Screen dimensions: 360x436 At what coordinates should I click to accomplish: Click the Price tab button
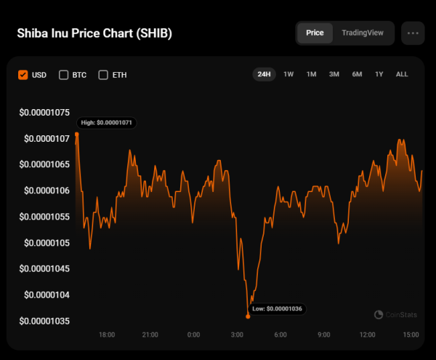point(315,33)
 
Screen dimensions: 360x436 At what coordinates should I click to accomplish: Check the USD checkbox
point(23,74)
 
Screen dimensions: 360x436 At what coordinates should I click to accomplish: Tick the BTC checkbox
point(63,74)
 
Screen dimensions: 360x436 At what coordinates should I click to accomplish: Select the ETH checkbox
point(103,74)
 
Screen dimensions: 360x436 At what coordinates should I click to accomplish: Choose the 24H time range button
point(264,74)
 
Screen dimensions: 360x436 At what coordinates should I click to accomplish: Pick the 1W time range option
point(288,74)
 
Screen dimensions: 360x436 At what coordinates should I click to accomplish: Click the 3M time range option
point(334,74)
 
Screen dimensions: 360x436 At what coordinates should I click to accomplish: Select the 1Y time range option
point(379,74)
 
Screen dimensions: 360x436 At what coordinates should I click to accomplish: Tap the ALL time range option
point(402,74)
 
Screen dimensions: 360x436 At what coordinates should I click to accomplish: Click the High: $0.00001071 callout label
point(107,123)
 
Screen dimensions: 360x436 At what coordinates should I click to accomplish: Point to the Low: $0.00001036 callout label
point(277,309)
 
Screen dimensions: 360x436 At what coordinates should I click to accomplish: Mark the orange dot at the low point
point(248,316)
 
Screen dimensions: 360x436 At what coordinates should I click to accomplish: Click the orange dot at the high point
point(76,134)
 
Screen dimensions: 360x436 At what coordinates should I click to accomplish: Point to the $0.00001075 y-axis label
point(44,112)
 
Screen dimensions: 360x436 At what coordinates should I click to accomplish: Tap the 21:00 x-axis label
point(150,335)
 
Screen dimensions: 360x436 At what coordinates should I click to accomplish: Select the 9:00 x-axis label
point(323,335)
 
